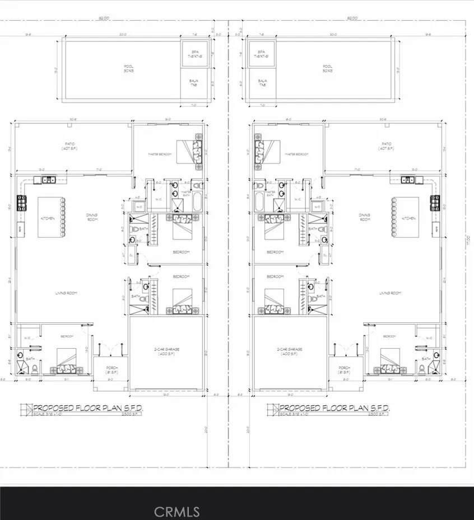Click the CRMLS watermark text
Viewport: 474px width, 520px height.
pos(176,511)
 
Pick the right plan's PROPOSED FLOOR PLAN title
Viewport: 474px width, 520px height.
pos(334,408)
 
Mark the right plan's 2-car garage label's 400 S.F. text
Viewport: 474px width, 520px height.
pos(289,355)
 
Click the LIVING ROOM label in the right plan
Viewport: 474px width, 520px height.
pos(391,293)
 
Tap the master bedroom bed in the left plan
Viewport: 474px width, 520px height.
pos(189,151)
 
